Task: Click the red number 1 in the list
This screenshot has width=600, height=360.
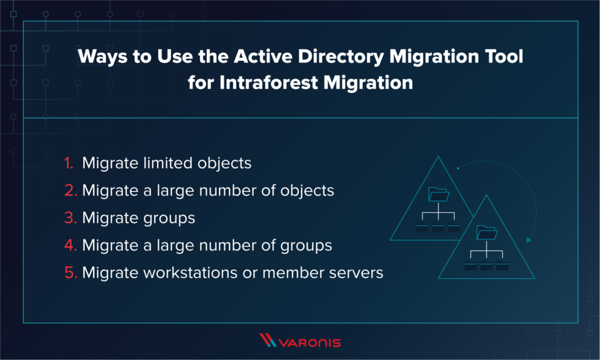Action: click(69, 163)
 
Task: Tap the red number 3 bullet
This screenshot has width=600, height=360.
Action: click(69, 218)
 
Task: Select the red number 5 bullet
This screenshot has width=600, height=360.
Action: click(69, 273)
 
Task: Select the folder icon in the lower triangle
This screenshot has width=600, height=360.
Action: click(486, 234)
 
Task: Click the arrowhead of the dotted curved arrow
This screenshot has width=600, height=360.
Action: click(529, 239)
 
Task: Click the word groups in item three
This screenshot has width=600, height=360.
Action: click(168, 218)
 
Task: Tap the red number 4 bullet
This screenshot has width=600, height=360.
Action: click(69, 246)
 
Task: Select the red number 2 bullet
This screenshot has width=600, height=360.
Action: click(69, 191)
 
